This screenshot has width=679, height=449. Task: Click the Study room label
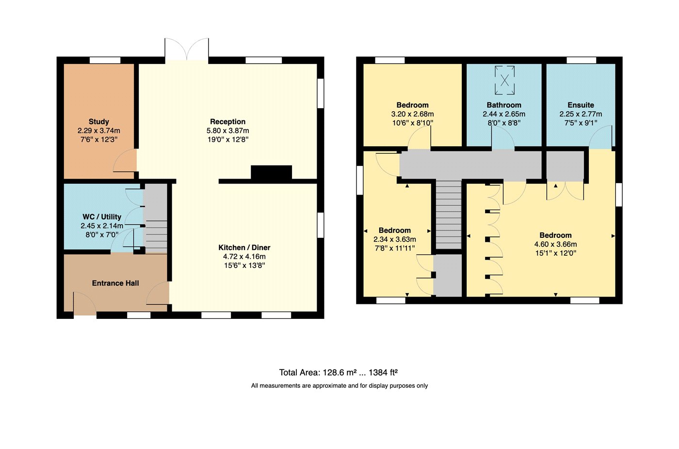coord(99,122)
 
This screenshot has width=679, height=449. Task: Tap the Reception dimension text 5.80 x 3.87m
coord(227,131)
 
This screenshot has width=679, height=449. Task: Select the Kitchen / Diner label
coord(244,248)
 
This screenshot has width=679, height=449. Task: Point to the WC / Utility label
coord(102,217)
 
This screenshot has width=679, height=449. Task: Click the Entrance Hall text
coord(115,283)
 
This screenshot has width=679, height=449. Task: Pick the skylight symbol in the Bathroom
coord(505,81)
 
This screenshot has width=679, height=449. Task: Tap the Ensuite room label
coord(581,105)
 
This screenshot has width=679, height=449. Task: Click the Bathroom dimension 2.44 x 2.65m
coord(504,114)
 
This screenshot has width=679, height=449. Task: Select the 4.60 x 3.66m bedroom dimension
coord(556,244)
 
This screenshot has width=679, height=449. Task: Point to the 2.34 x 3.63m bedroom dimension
coord(395,239)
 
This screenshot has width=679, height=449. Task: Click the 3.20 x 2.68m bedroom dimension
coord(412,114)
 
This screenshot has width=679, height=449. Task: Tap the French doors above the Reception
coord(187,49)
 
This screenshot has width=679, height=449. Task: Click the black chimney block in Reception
coord(271,173)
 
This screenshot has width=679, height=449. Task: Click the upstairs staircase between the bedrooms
coord(449,215)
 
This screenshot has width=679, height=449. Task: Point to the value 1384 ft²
coord(383,372)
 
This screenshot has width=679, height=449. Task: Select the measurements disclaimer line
coord(339,386)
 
